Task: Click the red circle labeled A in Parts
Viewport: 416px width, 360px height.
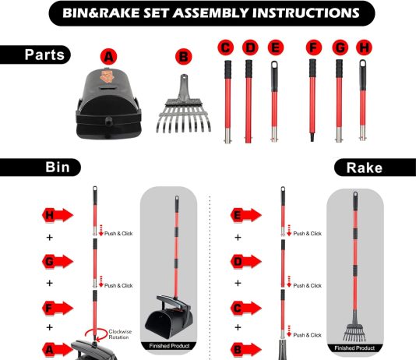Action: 109,57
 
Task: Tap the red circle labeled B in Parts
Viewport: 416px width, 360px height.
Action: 184,57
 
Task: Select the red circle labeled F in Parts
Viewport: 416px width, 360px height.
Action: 314,48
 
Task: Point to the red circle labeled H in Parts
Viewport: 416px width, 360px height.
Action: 364,48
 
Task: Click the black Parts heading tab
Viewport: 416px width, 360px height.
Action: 35,55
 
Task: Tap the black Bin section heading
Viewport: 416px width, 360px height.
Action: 40,168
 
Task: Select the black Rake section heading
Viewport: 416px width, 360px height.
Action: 375,168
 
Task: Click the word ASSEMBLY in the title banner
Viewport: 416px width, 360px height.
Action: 211,13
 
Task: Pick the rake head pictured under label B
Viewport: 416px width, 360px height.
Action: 184,106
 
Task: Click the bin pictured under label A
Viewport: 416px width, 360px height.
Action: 109,104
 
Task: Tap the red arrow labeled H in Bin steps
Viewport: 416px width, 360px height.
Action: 58,215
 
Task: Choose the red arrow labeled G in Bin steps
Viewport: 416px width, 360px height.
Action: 58,262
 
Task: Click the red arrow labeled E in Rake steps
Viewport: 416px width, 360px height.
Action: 246,215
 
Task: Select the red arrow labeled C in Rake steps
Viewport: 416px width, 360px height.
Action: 246,308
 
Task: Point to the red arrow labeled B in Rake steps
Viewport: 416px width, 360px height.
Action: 246,350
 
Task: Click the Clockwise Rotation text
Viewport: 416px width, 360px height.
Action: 120,334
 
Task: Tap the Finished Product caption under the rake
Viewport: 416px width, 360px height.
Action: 354,348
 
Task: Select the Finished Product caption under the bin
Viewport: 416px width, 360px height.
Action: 169,346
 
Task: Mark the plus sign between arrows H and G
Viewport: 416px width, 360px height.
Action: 50,237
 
